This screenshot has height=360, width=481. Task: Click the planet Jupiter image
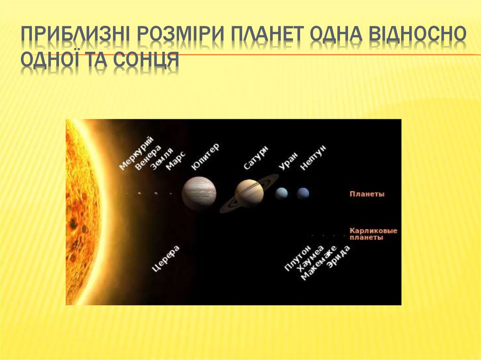click(x=199, y=192)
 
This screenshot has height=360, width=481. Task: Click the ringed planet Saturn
click(x=249, y=193)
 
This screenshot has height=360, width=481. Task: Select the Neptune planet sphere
click(x=303, y=193)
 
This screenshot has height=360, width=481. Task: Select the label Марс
click(x=176, y=160)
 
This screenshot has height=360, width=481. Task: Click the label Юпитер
click(x=205, y=156)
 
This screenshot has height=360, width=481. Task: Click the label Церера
click(x=166, y=259)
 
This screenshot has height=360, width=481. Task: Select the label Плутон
click(x=297, y=258)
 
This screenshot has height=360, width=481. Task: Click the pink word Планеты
click(x=367, y=194)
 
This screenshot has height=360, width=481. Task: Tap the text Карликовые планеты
click(x=373, y=234)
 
